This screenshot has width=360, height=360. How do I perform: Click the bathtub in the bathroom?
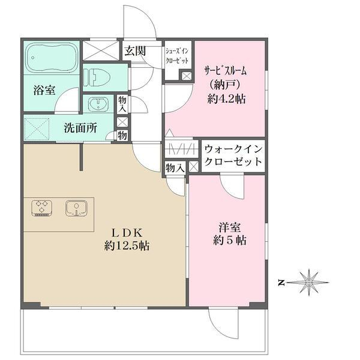coord(52,58)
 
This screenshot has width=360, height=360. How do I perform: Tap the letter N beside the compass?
coord(281,281)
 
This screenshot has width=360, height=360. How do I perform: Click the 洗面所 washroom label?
coord(80,128)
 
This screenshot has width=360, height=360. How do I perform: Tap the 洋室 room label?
coord(226,228)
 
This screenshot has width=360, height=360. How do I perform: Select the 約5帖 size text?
coord(226,241)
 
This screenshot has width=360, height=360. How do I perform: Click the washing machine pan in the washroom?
coord(37,128)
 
